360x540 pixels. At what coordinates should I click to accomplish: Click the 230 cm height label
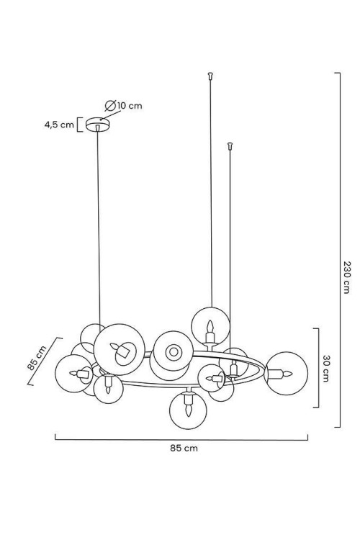tap(346, 277)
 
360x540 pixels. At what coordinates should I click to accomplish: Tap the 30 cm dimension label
tap(325, 369)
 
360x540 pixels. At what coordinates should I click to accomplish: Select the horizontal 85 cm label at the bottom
tap(184, 448)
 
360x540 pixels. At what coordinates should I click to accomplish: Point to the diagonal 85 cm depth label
tap(37, 357)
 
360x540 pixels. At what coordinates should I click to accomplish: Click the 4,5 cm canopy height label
tap(59, 125)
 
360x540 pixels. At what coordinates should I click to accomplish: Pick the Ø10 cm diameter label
tap(123, 105)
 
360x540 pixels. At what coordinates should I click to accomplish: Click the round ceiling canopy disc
tap(99, 125)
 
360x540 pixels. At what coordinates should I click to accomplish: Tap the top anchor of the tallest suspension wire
tap(210, 74)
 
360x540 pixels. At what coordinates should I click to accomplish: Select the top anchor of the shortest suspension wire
tap(230, 145)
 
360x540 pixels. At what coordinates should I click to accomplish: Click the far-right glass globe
tap(287, 373)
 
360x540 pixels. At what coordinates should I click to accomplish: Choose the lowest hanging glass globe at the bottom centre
tap(188, 410)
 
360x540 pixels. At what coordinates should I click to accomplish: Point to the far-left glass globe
tap(73, 373)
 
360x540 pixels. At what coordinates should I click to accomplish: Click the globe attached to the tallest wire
tap(210, 325)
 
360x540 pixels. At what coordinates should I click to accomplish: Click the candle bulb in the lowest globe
tap(188, 405)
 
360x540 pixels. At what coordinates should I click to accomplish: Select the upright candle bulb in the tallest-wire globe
tap(210, 330)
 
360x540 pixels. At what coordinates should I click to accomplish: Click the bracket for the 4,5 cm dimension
tap(79, 125)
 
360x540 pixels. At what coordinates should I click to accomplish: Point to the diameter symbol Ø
tap(110, 105)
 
